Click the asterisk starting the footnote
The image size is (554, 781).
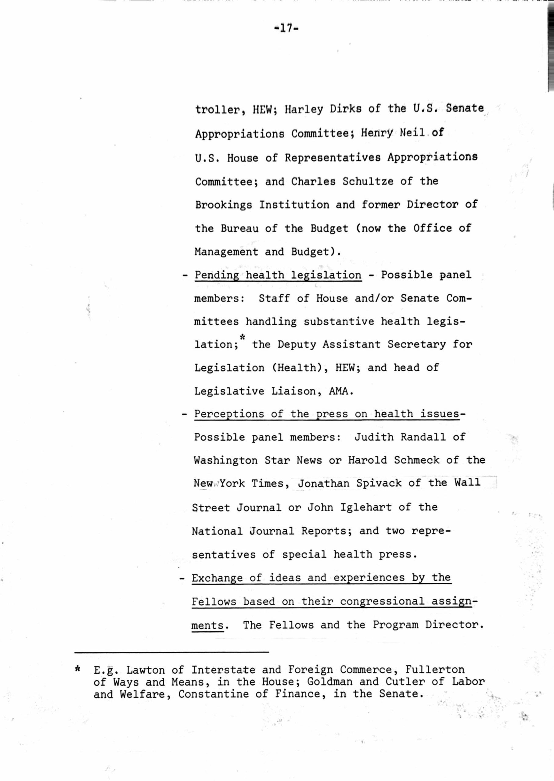[x=78, y=669]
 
